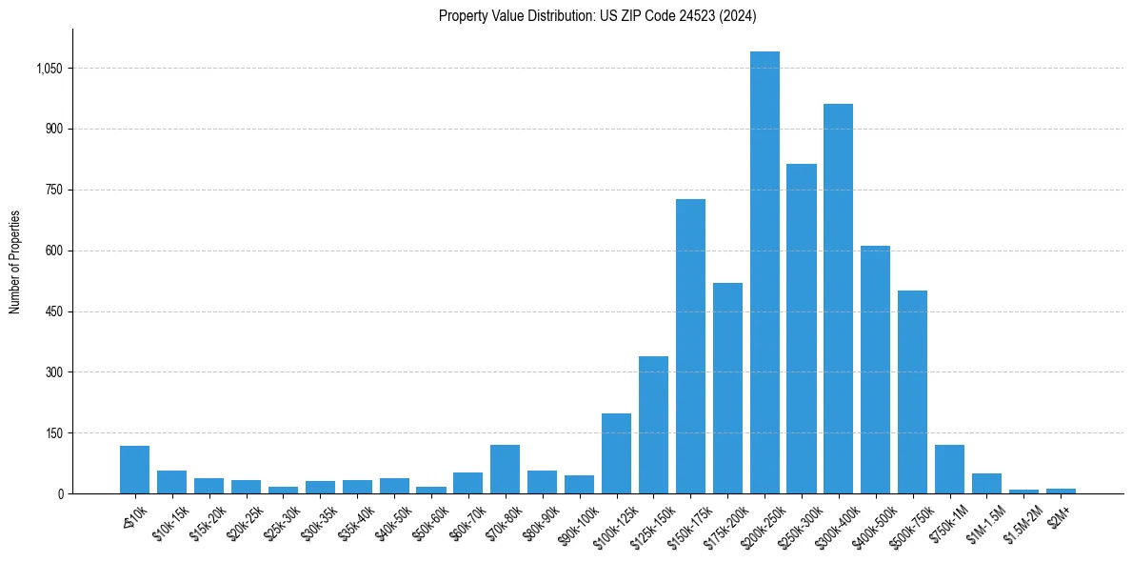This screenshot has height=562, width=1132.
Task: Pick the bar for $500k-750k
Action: [x=912, y=391]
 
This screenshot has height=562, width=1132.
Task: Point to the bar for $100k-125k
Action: [x=616, y=453]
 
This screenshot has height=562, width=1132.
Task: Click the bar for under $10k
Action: [x=134, y=470]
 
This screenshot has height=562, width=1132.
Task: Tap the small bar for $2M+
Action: [x=1061, y=491]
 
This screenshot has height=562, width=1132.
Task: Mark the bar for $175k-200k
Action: [x=727, y=388]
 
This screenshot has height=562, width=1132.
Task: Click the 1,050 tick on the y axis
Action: [x=50, y=69]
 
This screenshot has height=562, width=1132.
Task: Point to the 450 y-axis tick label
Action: [x=54, y=311]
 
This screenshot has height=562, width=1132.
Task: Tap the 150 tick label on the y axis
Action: [x=54, y=433]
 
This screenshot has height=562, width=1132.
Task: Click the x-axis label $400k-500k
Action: [x=870, y=522]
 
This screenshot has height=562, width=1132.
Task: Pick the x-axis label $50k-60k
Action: [x=427, y=521]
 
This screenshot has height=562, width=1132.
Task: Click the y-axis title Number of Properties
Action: [x=15, y=262]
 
